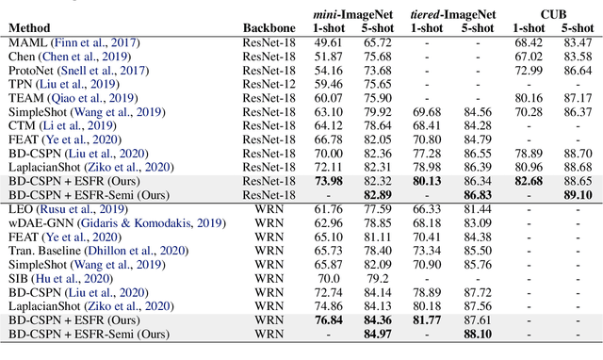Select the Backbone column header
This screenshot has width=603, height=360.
coord(269,28)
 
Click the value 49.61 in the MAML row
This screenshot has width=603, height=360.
coord(326,43)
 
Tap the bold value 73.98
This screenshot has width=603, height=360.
coord(326,180)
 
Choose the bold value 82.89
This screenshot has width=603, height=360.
coord(377,193)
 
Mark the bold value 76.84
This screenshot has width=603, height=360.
coord(326,320)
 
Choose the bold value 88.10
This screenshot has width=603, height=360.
coord(476,335)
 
